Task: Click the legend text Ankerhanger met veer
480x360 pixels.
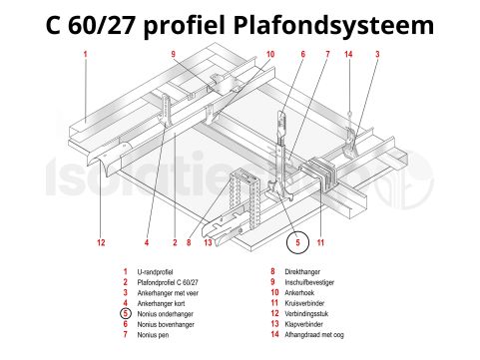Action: (171, 293)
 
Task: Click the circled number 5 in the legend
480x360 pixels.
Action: (125, 314)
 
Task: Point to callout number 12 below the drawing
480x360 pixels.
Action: (101, 242)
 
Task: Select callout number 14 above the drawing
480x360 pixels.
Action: (348, 54)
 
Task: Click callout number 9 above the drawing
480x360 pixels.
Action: (173, 54)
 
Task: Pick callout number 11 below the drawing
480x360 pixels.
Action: (321, 242)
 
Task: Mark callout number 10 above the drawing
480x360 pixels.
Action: (270, 54)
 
